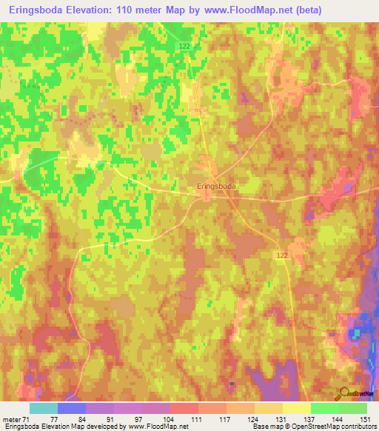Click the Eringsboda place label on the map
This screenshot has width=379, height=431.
(x=216, y=187)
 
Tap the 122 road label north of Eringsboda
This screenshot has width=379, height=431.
(x=184, y=46)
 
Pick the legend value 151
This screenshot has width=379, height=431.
(x=363, y=418)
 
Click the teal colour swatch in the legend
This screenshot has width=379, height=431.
(x=44, y=408)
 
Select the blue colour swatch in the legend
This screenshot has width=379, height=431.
(x=72, y=408)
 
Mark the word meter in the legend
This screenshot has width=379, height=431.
(x=11, y=418)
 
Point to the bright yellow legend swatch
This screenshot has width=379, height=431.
(x=297, y=408)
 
